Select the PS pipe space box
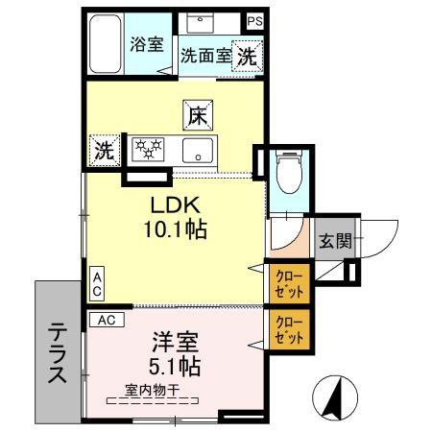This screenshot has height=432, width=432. pyautogui.click(x=254, y=20)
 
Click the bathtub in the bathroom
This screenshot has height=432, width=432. pyautogui.click(x=103, y=43)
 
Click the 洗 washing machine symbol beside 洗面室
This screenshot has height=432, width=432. pyautogui.click(x=248, y=56)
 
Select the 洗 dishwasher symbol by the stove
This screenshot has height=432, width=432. pyautogui.click(x=102, y=149)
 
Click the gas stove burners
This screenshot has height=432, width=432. pyautogui.click(x=149, y=149)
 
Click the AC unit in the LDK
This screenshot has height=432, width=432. pyautogui.click(x=96, y=282)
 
